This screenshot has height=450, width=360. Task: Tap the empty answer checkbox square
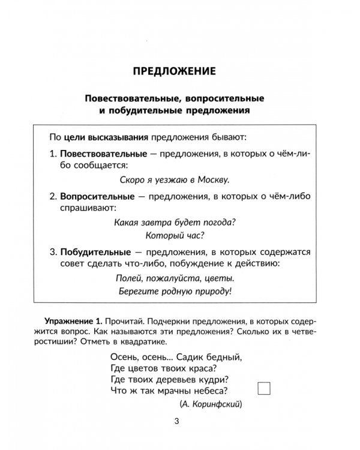[x=264, y=388]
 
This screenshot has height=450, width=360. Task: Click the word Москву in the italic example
[x=215, y=178]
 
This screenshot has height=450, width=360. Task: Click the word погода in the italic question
[x=217, y=221]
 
